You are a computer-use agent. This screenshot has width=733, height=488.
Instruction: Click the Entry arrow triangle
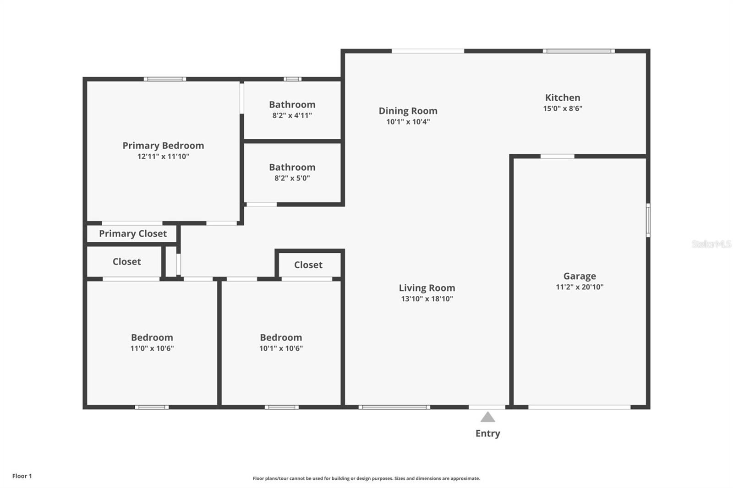click(487, 417)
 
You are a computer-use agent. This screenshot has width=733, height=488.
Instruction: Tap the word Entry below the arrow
click(487, 434)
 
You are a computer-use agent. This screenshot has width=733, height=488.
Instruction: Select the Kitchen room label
click(563, 98)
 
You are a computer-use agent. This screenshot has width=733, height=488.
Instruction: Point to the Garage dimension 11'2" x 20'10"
click(580, 287)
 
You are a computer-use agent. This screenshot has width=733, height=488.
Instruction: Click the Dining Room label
click(408, 111)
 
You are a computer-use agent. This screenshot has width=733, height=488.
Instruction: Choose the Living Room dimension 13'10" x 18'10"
click(427, 298)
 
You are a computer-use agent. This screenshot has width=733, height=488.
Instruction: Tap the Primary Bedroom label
click(163, 146)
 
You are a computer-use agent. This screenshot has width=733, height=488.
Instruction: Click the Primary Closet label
click(133, 233)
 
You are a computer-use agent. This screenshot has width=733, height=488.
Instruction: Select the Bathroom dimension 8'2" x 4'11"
click(292, 115)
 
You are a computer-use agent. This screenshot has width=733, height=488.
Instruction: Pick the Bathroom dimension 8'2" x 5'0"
click(292, 178)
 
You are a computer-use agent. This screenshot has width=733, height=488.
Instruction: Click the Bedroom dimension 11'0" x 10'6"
click(152, 348)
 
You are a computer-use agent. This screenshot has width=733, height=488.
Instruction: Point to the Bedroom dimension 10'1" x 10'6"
click(281, 348)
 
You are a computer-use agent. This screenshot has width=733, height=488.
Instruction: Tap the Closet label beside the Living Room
click(308, 265)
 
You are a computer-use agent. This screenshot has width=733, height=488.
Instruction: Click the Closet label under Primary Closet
click(126, 262)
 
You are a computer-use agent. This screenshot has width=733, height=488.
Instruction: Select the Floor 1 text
click(22, 476)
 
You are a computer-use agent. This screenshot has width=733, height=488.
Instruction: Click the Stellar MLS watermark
click(711, 244)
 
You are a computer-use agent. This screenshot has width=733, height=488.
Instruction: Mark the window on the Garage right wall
click(648, 220)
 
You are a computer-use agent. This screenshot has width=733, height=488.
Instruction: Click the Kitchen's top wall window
click(579, 51)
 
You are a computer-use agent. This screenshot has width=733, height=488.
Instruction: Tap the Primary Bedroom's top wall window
click(165, 79)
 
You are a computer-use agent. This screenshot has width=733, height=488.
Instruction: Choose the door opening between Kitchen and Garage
click(557, 157)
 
